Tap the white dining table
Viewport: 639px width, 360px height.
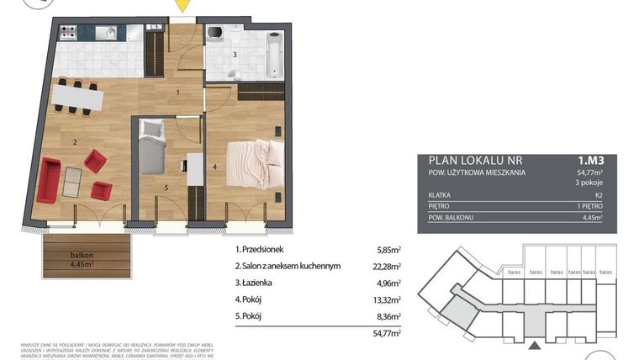[77, 98]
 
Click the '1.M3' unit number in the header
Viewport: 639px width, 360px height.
[589, 159]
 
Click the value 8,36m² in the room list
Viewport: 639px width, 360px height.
[387, 316]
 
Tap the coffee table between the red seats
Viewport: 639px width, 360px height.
[73, 177]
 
